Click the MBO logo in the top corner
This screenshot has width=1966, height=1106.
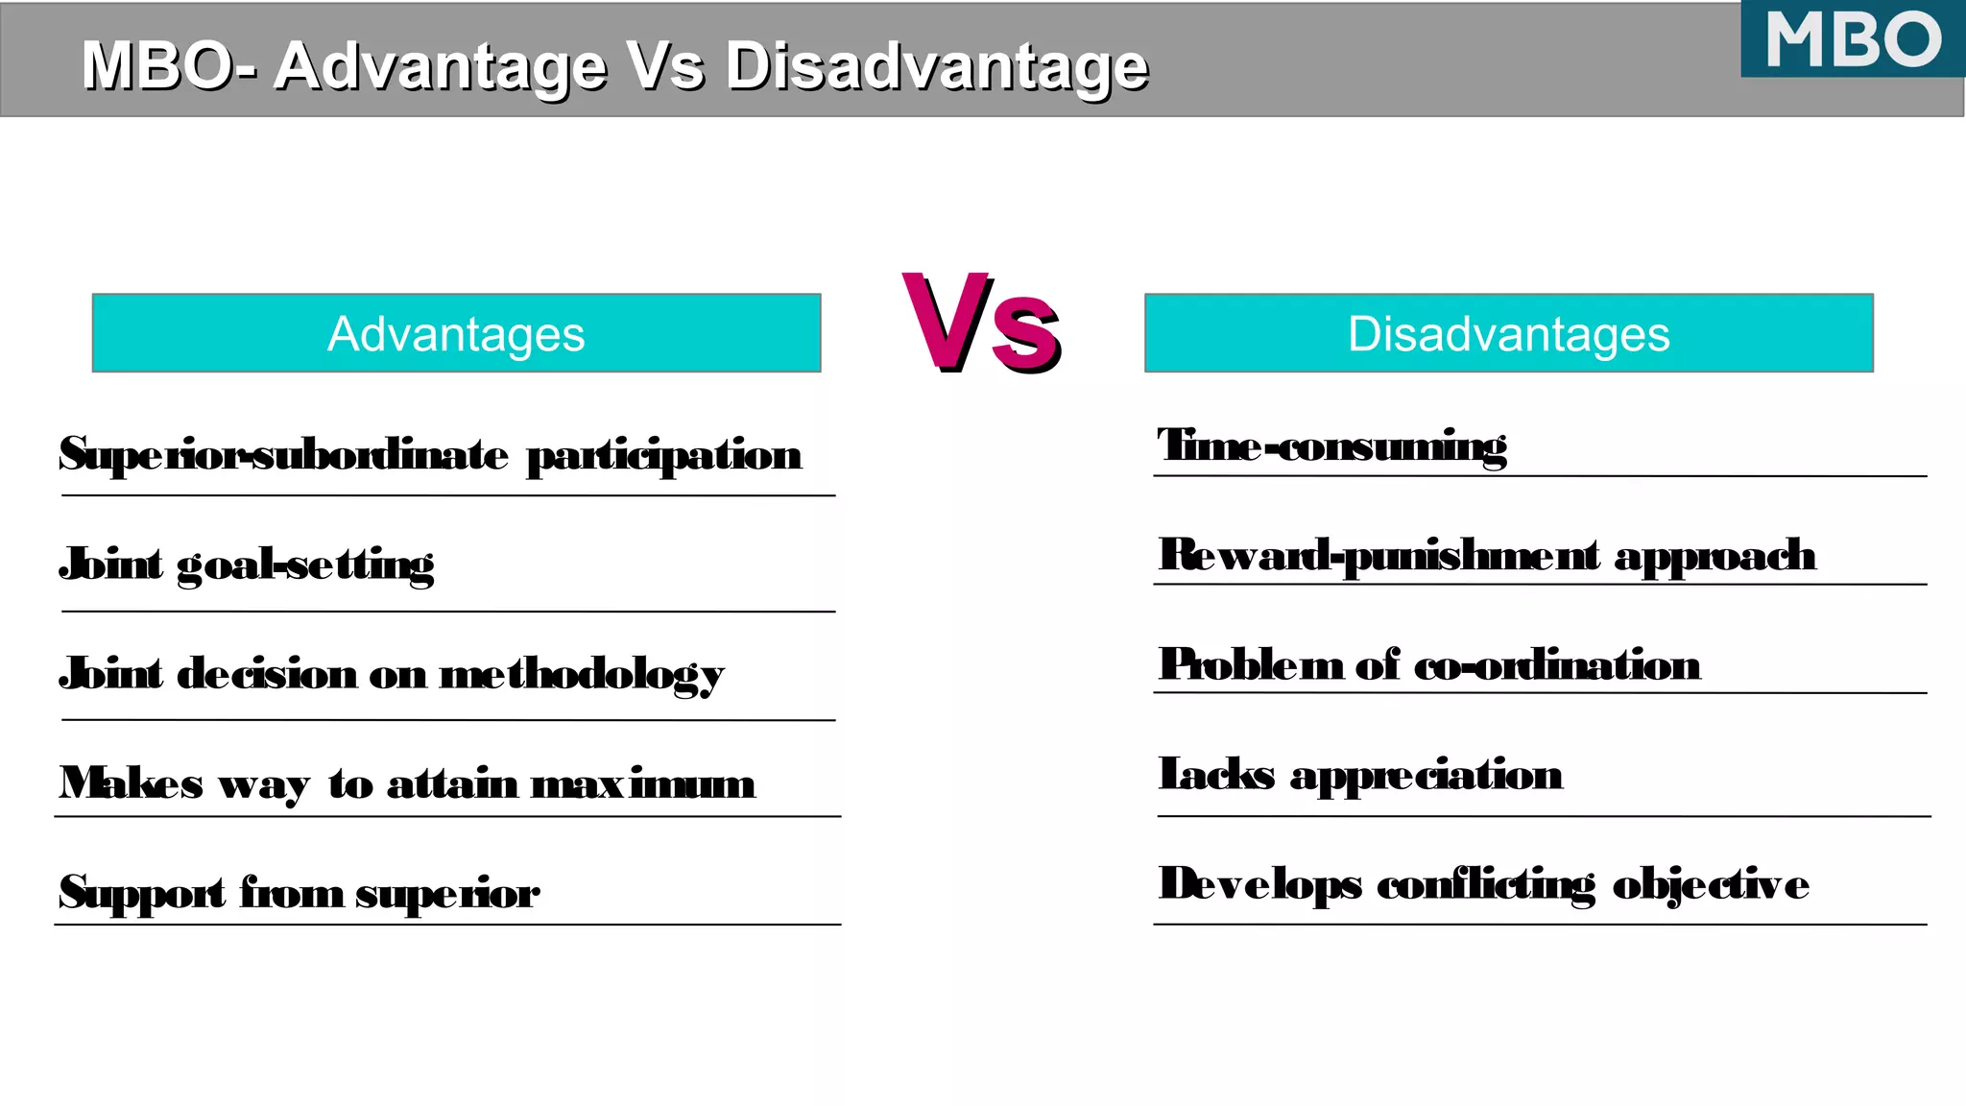[1853, 39]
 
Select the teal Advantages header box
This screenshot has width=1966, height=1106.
[456, 333]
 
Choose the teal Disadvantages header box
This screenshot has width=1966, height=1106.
[1508, 333]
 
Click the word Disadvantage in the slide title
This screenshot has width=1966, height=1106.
[936, 66]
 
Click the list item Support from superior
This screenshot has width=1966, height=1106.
[299, 893]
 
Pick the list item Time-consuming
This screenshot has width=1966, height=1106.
[1331, 446]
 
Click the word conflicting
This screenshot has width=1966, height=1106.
[1486, 884]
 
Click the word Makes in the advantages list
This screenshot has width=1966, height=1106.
[131, 783]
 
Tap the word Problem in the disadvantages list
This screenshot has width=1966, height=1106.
[1251, 665]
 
